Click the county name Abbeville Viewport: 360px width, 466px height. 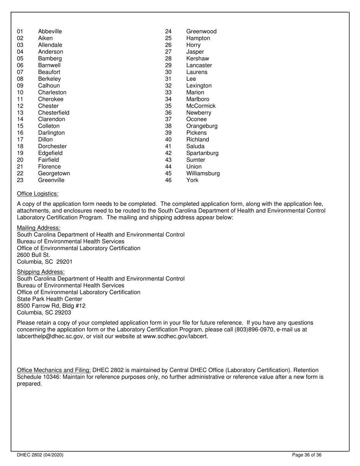pos(50,31)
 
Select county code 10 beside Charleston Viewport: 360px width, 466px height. pos(20,92)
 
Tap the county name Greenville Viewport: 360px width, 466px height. pos(51,180)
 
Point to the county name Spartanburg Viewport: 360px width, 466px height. pos(202,153)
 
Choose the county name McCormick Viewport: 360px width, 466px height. pos(201,106)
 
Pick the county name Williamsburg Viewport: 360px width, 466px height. pos(203,174)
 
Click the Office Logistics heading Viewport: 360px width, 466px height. pos(38,194)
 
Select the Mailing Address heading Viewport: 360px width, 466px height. pos(39,228)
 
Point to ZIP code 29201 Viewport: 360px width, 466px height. pos(64,262)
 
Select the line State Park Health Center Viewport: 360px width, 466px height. pos(50,299)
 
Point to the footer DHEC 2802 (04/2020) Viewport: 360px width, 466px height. pos(40,455)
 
